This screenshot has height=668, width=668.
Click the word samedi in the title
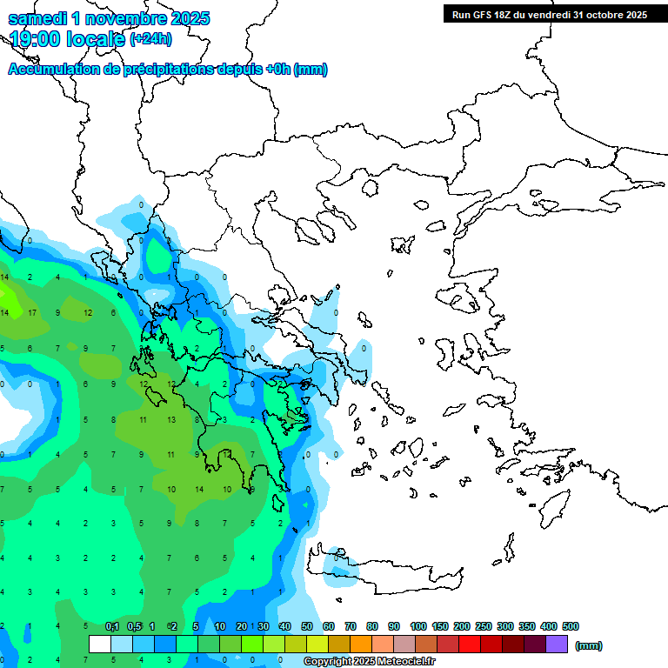pyautogui.click(x=40, y=18)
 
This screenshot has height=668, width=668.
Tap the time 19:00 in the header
pyautogui.click(x=36, y=39)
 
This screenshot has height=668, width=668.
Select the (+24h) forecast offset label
pyautogui.click(x=151, y=39)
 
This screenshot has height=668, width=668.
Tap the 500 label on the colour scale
pyautogui.click(x=570, y=626)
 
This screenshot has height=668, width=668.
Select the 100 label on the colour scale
pyautogui.click(x=418, y=626)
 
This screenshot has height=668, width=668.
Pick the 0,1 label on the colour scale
pyautogui.click(x=112, y=626)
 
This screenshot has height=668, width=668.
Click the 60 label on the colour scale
pyautogui.click(x=328, y=626)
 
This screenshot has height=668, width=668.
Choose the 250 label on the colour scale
pyautogui.click(x=484, y=626)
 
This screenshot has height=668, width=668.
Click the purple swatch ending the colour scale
pyautogui.click(x=557, y=645)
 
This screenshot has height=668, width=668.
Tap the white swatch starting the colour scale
pyautogui.click(x=100, y=645)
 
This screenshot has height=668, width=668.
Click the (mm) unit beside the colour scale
pyautogui.click(x=589, y=645)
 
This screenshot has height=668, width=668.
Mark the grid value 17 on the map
pyautogui.click(x=32, y=312)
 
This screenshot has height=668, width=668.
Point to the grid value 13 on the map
pyautogui.click(x=171, y=419)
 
